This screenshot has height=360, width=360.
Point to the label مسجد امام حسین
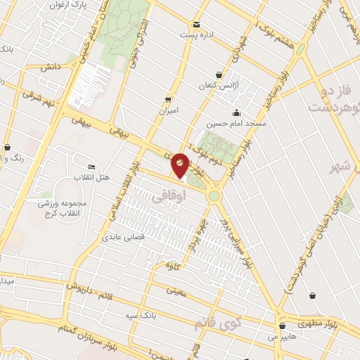236,123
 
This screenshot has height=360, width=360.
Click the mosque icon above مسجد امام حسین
236,112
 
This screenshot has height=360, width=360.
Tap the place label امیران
168,111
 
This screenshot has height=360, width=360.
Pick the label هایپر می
281,337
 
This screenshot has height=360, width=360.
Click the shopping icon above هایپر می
282,326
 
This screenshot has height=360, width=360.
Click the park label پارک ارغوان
68,5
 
